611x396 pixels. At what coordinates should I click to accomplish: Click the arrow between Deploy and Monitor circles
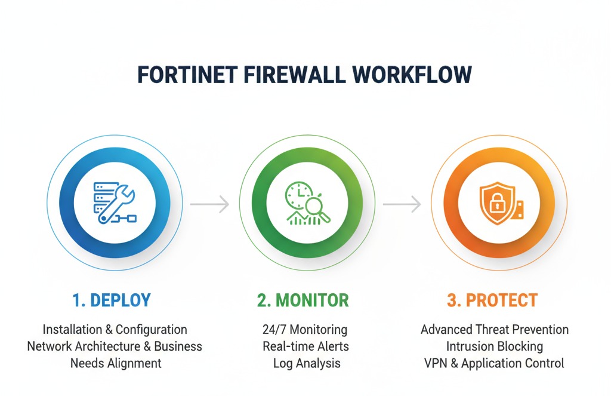pos(209,204)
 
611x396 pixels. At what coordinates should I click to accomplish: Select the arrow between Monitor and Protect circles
pos(402,204)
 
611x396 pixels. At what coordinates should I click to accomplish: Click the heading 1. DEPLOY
pos(112,300)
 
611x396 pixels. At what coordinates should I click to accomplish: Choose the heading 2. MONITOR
pos(303,300)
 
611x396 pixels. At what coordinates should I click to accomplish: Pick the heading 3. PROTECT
pos(492,300)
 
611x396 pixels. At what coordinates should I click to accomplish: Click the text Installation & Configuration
pos(115,330)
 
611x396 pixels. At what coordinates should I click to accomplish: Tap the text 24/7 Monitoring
pos(304,330)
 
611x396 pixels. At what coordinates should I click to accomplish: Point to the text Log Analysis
pos(307,363)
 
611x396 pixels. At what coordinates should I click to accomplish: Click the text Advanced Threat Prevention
pos(495,330)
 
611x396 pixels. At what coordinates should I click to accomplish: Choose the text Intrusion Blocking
pos(495,346)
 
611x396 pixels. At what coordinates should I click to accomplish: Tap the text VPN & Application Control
pos(495,363)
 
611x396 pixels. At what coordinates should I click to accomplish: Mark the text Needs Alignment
pos(116,363)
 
